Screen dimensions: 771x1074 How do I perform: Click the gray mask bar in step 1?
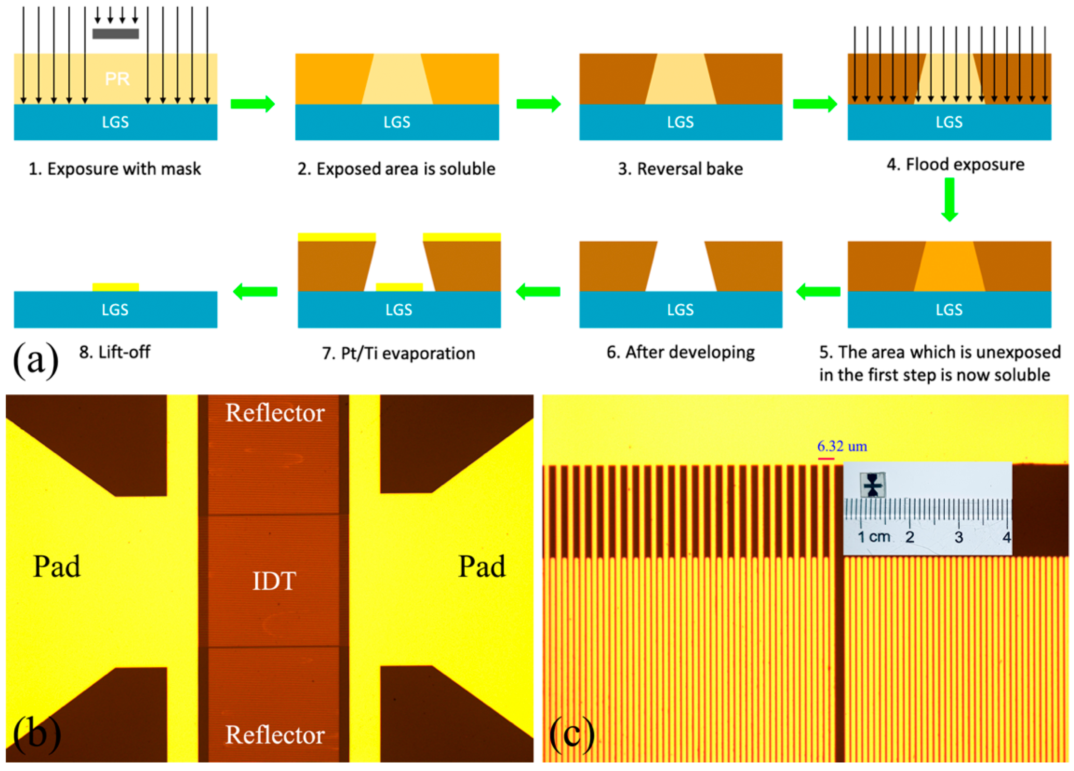116,34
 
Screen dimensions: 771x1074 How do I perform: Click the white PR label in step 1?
117,78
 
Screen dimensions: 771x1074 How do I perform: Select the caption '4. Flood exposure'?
955,165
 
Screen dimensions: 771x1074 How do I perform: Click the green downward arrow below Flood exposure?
949,199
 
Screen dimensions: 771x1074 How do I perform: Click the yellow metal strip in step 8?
116,287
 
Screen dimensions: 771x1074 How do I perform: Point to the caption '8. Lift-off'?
115,352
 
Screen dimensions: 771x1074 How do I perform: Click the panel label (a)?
36,360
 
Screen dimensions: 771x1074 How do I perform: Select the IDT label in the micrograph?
274,581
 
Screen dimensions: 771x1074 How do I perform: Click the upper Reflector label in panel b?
275,412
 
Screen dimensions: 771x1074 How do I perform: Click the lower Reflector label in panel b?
275,734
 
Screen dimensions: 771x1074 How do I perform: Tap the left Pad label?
57,566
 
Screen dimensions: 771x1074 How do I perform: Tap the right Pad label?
482,566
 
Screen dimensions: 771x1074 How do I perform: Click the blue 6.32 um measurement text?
842,446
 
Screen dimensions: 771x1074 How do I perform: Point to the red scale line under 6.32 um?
826,459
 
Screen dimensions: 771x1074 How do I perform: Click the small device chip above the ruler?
872,485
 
